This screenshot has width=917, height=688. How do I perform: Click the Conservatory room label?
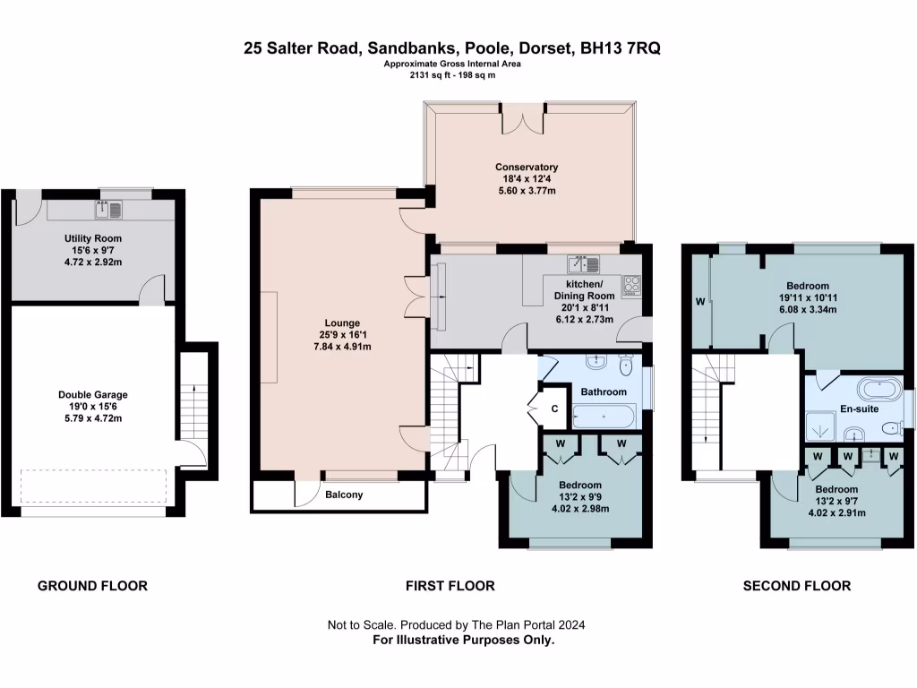(x=527, y=167)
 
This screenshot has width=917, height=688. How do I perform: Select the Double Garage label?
(x=93, y=394)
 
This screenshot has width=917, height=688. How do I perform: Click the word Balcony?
(x=344, y=494)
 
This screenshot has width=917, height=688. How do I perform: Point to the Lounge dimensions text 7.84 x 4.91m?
(x=342, y=347)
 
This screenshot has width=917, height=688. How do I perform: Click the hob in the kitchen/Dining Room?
(x=632, y=285)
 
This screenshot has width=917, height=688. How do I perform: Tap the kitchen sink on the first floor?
(x=582, y=264)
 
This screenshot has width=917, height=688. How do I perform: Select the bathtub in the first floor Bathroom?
(x=604, y=417)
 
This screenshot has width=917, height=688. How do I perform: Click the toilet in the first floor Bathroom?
(x=626, y=366)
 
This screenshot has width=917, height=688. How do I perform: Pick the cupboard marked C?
(x=554, y=409)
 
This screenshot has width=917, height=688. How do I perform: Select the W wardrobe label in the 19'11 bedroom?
(x=700, y=302)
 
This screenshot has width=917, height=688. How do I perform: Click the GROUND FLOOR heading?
(x=92, y=586)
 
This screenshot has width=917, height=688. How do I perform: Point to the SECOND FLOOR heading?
(x=797, y=586)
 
